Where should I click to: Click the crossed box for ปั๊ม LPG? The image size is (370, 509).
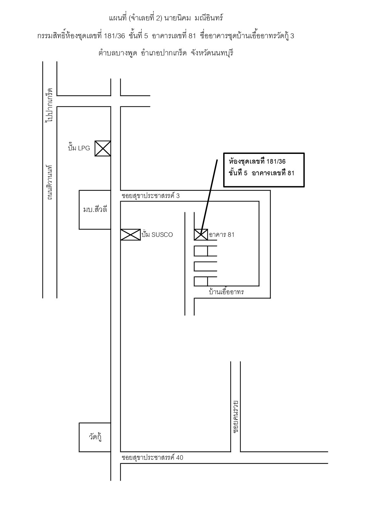(x=103, y=148)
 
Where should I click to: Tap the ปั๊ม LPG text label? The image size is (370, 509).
(x=79, y=148)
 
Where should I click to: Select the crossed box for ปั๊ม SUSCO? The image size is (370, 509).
(x=131, y=235)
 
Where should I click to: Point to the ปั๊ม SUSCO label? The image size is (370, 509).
(x=157, y=234)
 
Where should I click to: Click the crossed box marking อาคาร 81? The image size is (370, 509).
(x=201, y=235)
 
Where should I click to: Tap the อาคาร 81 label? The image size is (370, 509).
(x=222, y=235)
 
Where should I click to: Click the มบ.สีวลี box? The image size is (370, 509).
(x=95, y=210)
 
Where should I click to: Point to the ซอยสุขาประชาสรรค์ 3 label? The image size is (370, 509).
(x=151, y=196)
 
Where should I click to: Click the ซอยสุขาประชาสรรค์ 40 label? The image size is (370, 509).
(x=152, y=457)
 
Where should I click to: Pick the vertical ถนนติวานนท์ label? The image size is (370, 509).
(x=50, y=182)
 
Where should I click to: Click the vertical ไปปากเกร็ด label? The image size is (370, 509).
(x=49, y=105)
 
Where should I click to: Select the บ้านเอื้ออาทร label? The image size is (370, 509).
(x=226, y=292)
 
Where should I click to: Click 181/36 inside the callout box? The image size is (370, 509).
(x=276, y=161)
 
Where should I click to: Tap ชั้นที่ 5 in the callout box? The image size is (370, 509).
(x=238, y=173)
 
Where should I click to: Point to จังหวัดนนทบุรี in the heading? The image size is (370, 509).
(x=212, y=53)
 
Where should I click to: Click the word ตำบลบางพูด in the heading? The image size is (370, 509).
(x=118, y=53)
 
